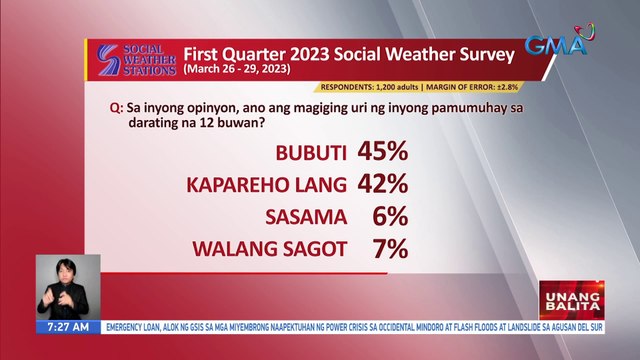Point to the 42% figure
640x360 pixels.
click(382, 185)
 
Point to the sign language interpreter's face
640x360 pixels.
click(69, 271)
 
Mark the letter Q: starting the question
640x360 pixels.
click(118, 105)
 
